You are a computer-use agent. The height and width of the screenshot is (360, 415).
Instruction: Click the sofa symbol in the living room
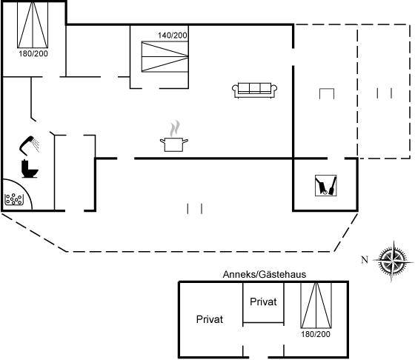(254, 90)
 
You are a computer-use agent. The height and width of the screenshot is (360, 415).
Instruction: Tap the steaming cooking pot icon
(174, 136)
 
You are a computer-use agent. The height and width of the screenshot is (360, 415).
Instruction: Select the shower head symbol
(30, 145)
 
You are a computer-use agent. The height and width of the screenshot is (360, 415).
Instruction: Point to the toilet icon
(30, 168)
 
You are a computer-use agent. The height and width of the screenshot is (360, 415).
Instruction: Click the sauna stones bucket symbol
(14, 199)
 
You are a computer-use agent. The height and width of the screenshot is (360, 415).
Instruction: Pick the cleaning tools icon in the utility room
(326, 185)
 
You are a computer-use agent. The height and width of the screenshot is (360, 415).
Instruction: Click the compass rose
(394, 261)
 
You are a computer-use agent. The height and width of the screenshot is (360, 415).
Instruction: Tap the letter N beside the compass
(365, 260)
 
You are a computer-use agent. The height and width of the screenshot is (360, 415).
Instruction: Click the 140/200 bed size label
(173, 36)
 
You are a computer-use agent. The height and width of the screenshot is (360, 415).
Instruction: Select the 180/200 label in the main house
(33, 53)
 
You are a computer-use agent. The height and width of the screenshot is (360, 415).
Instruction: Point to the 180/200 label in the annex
(316, 334)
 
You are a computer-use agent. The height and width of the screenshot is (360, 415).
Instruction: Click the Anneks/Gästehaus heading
(265, 275)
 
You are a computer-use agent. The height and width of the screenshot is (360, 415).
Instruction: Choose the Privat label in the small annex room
(263, 301)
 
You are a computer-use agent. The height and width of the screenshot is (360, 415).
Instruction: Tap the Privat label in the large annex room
(210, 319)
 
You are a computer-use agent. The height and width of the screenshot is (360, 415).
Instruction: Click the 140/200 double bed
(165, 56)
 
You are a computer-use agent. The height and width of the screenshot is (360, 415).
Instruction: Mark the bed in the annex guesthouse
(316, 305)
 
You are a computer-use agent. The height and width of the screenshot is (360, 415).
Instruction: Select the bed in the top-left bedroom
(33, 25)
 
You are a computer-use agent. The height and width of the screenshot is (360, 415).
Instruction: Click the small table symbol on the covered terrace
(327, 94)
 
